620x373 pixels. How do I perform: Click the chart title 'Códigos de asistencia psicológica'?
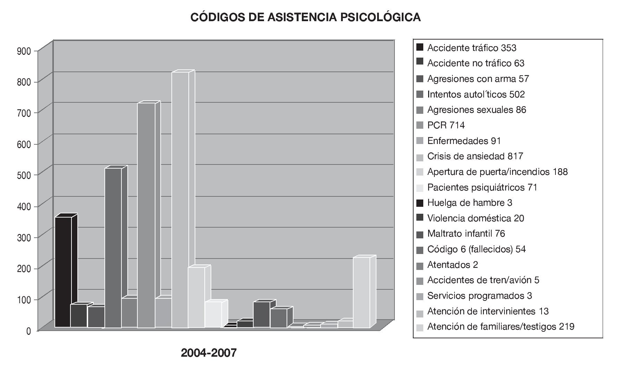pos(305,17)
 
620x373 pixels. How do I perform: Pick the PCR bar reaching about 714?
pos(146,215)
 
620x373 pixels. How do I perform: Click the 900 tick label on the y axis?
pos(24,51)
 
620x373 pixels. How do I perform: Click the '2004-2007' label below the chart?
pos(209,353)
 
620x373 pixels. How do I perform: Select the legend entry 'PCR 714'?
pos(446,125)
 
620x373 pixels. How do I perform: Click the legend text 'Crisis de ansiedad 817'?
pos(475,156)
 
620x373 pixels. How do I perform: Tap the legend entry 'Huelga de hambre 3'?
pos(469,203)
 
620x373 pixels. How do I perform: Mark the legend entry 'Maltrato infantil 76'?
pos(466,234)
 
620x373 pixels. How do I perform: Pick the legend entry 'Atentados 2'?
pos(452,265)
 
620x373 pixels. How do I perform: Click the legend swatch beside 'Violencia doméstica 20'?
pos(420,218)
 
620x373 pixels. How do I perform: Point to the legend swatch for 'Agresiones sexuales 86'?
pos(420,110)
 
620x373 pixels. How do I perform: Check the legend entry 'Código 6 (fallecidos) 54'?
pos(476,249)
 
